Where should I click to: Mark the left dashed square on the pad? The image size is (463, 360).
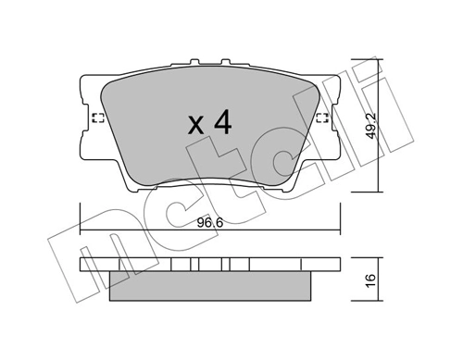[x=97, y=117]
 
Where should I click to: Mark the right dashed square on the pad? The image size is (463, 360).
[x=321, y=117]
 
